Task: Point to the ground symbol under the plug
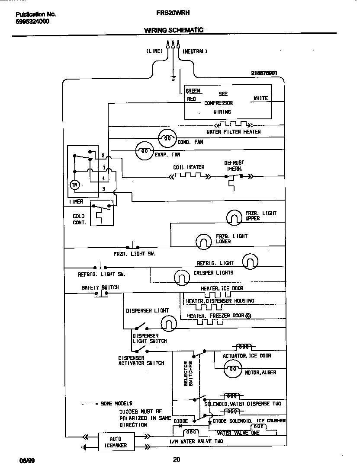(x=173, y=78)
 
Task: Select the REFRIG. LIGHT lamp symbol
(x=250, y=261)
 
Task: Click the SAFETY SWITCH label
(x=100, y=287)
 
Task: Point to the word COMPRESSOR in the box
(x=218, y=103)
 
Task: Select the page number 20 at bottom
(x=176, y=459)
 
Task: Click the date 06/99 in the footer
(x=26, y=460)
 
